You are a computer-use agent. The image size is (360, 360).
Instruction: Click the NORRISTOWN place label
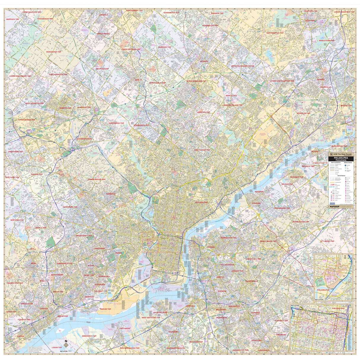point(65,108)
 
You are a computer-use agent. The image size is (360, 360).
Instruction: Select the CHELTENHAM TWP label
point(202,150)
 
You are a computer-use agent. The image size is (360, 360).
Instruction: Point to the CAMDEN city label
point(211,247)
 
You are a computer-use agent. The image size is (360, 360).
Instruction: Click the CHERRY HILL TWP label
point(253,259)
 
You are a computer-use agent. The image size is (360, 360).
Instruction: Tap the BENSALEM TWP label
point(304,113)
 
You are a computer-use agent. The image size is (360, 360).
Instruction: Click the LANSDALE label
point(103,15)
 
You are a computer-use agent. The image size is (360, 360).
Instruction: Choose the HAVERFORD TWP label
point(70,207)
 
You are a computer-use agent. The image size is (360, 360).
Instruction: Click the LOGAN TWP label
point(56,347)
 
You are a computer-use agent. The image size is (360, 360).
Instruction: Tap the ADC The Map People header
point(341,154)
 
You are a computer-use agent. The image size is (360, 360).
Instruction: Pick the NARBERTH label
point(110,194)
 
